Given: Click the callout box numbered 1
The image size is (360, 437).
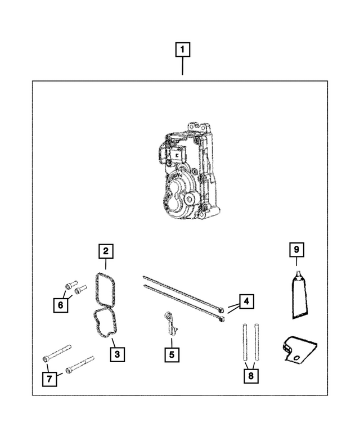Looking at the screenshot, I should click(182, 50).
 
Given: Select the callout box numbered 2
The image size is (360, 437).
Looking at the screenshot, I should click(105, 251).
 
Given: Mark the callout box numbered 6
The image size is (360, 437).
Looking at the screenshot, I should click(58, 304).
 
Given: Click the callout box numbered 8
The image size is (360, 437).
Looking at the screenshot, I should click(251, 375).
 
